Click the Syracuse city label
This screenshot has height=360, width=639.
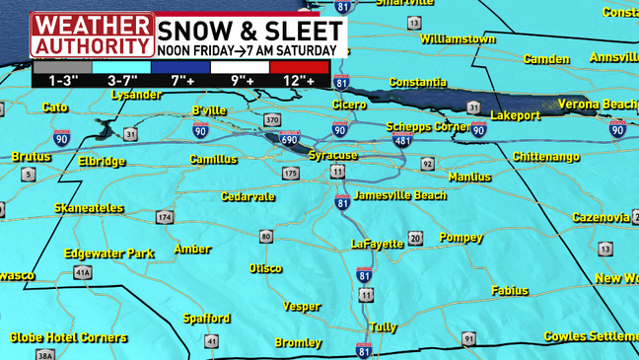pyautogui.click(x=332, y=156)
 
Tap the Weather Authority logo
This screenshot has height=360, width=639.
pyautogui.click(x=92, y=34)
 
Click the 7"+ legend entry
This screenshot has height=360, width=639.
pyautogui.click(x=180, y=80)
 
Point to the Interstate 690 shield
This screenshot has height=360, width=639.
pyautogui.click(x=289, y=140)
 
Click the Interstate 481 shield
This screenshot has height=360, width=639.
pyautogui.click(x=400, y=141)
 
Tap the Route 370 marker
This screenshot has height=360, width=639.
pyautogui.click(x=273, y=120)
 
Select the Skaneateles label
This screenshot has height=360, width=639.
pyautogui.click(x=89, y=208)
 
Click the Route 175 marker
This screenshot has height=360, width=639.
pyautogui.click(x=290, y=174)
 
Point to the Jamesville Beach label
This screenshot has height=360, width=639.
pyautogui.click(x=399, y=195)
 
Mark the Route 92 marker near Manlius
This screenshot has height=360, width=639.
pyautogui.click(x=427, y=164)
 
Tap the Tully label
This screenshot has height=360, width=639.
pyautogui.click(x=383, y=326)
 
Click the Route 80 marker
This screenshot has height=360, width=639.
pyautogui.click(x=266, y=236)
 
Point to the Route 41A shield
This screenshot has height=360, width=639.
pyautogui.click(x=82, y=272)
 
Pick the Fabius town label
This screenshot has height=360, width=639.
pyautogui.click(x=509, y=290)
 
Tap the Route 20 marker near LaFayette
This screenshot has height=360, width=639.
pyautogui.click(x=415, y=238)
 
